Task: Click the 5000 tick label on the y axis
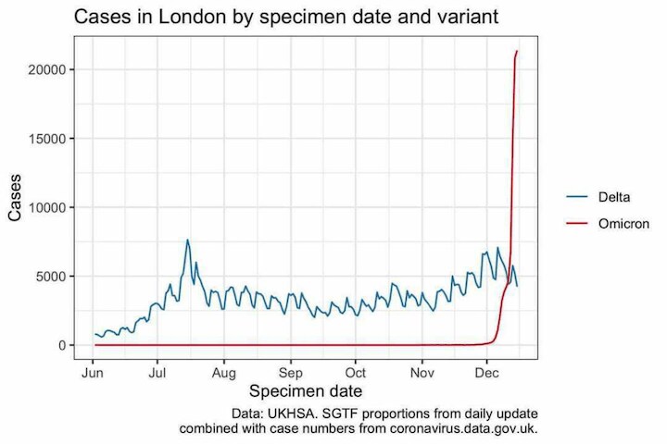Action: [52, 277]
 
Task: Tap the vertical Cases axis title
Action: [16, 200]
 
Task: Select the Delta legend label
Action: [615, 196]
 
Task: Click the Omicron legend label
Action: [623, 224]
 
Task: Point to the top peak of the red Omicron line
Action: [517, 52]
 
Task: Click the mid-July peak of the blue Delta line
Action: [187, 240]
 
